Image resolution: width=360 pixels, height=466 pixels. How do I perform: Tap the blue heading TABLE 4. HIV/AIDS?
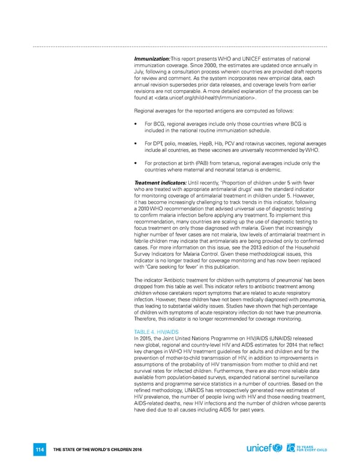pyautogui.click(x=157, y=333)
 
